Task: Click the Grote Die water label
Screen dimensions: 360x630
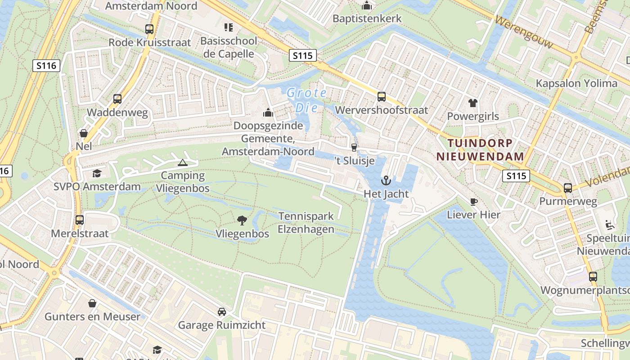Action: coord(306,100)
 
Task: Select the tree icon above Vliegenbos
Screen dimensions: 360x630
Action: coord(242,220)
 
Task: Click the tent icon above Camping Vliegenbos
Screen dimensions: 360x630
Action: coord(182,162)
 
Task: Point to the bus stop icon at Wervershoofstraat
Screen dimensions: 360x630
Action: coord(381,96)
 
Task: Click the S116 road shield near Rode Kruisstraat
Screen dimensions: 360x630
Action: coord(46,66)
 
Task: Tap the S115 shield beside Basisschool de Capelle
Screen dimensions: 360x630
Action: coord(302,55)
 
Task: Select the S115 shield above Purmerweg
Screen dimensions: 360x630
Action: coord(516,176)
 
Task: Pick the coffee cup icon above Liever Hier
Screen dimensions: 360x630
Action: coord(473,201)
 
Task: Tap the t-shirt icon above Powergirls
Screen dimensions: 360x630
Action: coord(472,103)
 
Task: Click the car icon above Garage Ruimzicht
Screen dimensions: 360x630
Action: coord(221,311)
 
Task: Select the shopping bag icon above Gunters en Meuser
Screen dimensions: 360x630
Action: coord(92,303)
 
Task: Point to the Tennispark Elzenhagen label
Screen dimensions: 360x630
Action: coord(306,222)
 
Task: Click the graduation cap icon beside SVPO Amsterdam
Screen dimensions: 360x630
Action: coord(97,173)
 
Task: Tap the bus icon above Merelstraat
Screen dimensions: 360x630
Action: coord(80,220)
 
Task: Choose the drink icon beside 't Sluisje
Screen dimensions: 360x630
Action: coord(354,147)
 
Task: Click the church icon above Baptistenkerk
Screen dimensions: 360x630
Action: coord(367,5)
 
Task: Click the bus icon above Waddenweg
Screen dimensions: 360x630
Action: coord(117,99)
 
